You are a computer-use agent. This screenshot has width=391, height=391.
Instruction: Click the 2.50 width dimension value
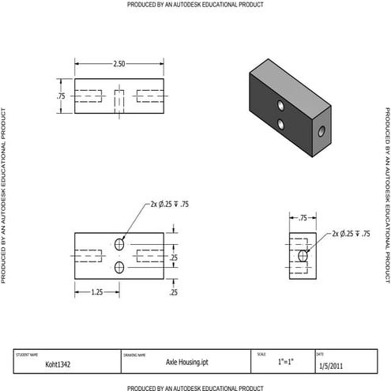pyautogui.click(x=118, y=62)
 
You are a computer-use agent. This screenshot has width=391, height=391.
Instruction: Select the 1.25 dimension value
pyautogui.click(x=96, y=291)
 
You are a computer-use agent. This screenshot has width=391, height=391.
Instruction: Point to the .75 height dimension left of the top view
pyautogui.click(x=61, y=96)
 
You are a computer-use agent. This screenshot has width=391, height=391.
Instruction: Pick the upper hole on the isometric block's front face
pyautogui.click(x=280, y=105)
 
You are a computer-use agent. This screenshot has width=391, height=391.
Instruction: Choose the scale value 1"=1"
pyautogui.click(x=285, y=363)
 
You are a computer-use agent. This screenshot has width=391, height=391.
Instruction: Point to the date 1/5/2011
pyautogui.click(x=332, y=366)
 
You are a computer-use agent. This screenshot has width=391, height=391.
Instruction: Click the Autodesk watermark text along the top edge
pyautogui.click(x=195, y=5)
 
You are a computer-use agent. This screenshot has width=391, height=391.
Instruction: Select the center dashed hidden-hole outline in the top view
pyautogui.click(x=119, y=96)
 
